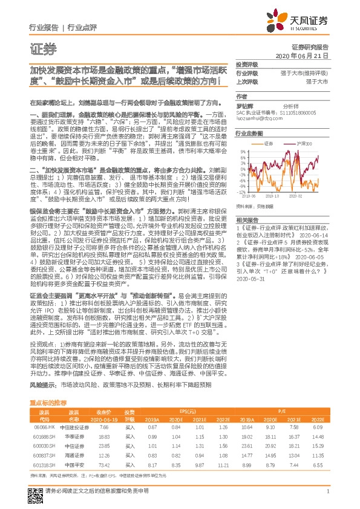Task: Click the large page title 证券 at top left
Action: point(42,50)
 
